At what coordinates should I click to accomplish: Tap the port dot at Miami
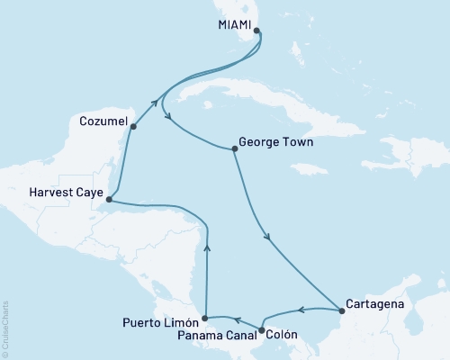tap(257, 31)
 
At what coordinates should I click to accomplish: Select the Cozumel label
tap(100, 118)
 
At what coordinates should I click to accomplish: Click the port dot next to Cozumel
tap(133, 127)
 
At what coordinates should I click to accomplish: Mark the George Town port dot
tap(234, 149)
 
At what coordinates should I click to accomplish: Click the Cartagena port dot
tap(341, 312)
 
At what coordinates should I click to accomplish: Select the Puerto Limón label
tap(157, 319)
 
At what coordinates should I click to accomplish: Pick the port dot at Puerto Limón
tap(206, 318)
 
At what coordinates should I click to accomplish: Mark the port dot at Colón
tap(262, 330)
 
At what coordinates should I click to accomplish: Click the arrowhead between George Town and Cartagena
tap(267, 237)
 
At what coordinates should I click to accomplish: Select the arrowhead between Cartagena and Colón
tap(301, 310)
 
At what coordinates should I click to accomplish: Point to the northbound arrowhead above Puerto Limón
tap(207, 244)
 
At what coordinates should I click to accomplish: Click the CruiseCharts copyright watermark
tap(6, 328)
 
